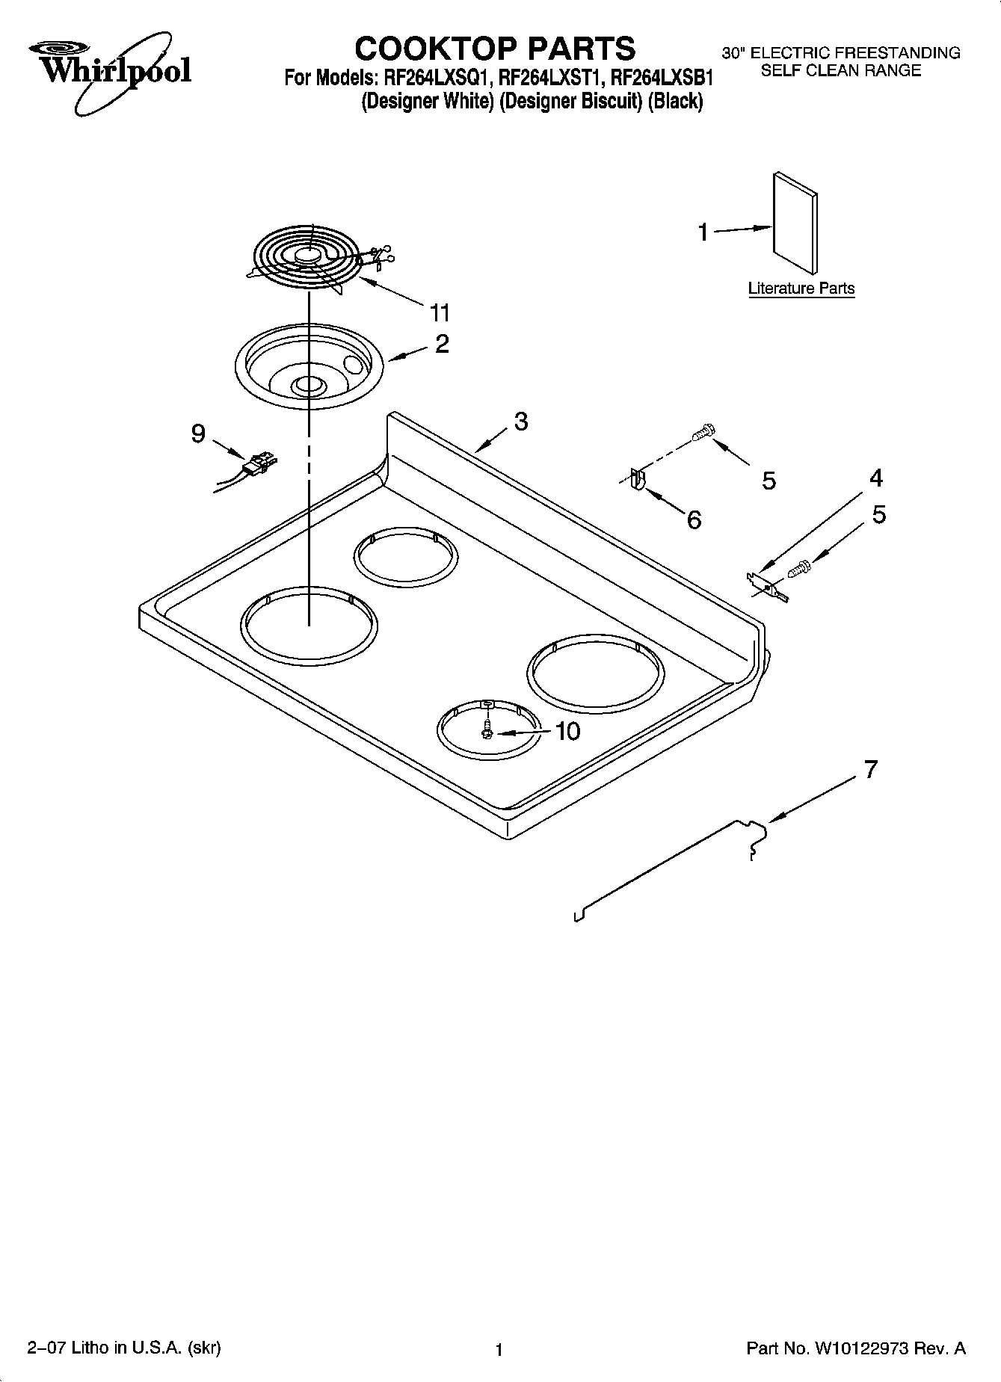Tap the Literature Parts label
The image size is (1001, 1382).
point(801,289)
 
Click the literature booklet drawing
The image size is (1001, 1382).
point(795,223)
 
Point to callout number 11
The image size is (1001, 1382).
point(440,312)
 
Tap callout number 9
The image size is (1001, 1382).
point(197,434)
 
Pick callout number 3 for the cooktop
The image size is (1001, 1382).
point(520,422)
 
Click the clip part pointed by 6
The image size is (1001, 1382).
point(636,478)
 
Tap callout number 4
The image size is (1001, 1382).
point(875,478)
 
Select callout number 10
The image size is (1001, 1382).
point(567,731)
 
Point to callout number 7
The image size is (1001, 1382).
point(870,769)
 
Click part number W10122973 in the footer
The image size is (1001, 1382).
point(862,1349)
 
